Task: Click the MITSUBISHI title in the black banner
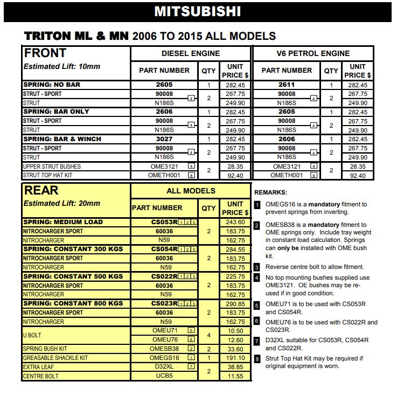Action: [x=197, y=11]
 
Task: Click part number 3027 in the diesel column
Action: [x=164, y=139]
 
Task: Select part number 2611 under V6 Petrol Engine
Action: [x=287, y=85]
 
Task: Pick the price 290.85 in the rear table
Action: [x=235, y=304]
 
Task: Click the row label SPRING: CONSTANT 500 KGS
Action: [x=73, y=276]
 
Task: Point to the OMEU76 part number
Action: [x=165, y=339]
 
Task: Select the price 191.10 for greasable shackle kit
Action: [x=235, y=358]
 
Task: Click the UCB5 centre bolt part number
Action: [x=164, y=376]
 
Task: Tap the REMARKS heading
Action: [x=271, y=192]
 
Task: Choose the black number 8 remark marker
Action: [x=257, y=358]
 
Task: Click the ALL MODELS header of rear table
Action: [x=191, y=191]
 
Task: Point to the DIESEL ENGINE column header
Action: [x=191, y=53]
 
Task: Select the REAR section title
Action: [x=41, y=190]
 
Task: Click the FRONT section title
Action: [x=45, y=53]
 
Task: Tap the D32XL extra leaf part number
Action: [x=164, y=366]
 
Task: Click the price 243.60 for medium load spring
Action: [x=235, y=222]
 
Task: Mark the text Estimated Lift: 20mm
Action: [x=62, y=204]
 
